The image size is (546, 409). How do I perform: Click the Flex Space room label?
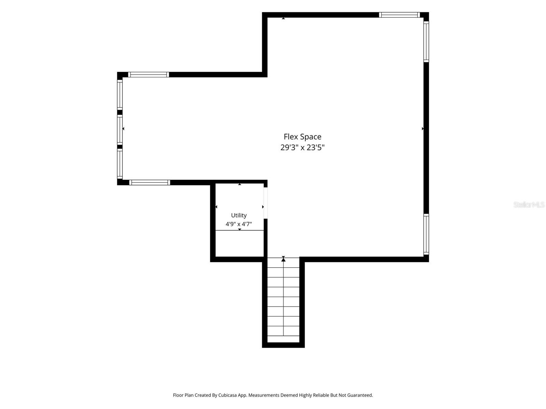(x=302, y=137)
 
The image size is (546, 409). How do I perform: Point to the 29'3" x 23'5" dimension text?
(x=302, y=148)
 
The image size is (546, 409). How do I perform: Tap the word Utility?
(x=239, y=215)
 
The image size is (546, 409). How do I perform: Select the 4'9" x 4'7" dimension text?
(x=239, y=224)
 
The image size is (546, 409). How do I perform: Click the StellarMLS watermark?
(x=529, y=204)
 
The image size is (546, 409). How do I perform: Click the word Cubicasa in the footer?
(x=227, y=395)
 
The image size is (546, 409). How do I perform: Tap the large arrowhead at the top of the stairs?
(x=283, y=259)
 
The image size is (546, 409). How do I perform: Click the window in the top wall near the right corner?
(x=400, y=15)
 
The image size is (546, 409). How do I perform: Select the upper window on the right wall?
(x=426, y=42)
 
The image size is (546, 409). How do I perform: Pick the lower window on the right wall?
(x=426, y=234)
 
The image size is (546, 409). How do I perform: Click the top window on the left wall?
(x=120, y=95)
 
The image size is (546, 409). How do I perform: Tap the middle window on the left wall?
(x=120, y=130)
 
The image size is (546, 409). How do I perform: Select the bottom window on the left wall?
(x=120, y=164)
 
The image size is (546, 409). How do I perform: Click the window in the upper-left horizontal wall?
(x=148, y=75)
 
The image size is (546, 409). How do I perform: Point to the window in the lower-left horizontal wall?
(x=150, y=183)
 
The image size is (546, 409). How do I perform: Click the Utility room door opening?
(x=265, y=203)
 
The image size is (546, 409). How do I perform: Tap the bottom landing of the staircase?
(x=283, y=339)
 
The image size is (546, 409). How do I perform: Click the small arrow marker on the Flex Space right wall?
(x=422, y=128)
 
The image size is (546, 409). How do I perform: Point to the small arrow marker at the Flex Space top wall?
(x=283, y=18)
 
